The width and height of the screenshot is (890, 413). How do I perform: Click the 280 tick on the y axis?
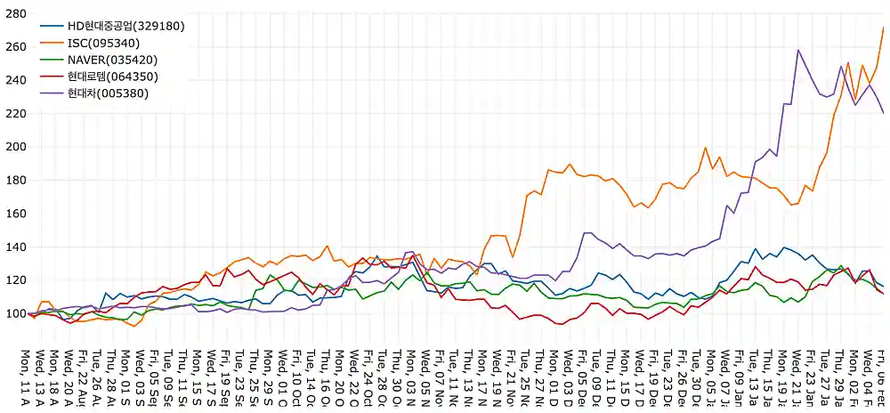pos(14,14)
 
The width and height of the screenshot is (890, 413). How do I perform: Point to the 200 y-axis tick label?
pos(14,146)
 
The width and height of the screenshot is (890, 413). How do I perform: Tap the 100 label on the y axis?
pos(14,313)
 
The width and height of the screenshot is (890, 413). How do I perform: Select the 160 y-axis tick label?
pos(14,213)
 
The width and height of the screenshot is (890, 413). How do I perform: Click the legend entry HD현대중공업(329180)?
pos(125,26)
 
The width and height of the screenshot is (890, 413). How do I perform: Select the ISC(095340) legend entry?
pos(103,43)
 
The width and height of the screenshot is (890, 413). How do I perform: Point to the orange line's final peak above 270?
pos(883,28)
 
